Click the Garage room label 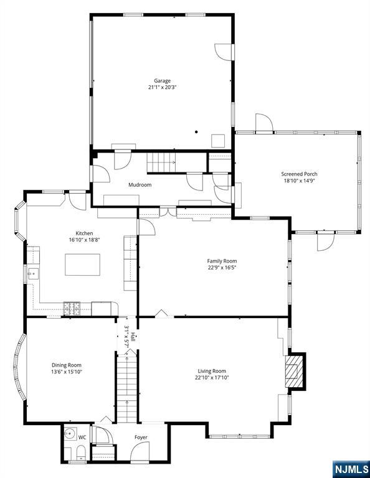tap(162, 81)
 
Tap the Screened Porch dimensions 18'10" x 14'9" tap(299, 180)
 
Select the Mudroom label tap(140, 185)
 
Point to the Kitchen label tap(85, 233)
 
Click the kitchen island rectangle tap(82, 265)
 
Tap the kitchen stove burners tap(72, 309)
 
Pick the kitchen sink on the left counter tap(33, 274)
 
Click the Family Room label tap(222, 261)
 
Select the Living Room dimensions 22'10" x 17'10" tap(212, 378)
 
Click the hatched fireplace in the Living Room tap(292, 372)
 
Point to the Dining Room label tap(67, 365)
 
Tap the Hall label tap(133, 337)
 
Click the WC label tap(82, 438)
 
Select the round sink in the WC tap(70, 434)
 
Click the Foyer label tap(141, 438)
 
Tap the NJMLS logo tap(351, 468)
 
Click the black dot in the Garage tap(196, 132)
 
